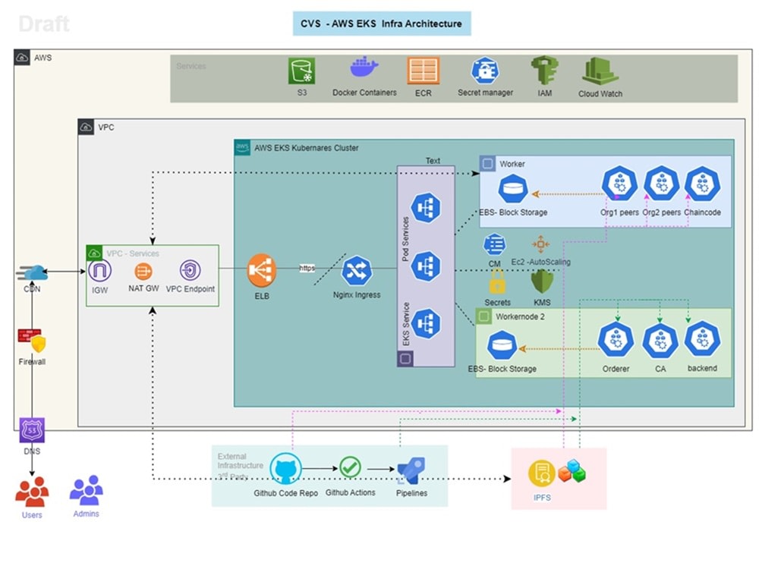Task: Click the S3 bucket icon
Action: (x=301, y=71)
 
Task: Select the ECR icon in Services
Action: (x=423, y=71)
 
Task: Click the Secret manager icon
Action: (x=485, y=71)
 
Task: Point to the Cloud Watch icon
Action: (x=600, y=71)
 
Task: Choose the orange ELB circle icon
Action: (x=262, y=270)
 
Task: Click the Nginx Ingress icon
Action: (x=356, y=272)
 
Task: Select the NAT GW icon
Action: (x=143, y=271)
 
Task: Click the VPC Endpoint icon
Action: (x=190, y=270)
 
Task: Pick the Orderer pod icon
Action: (x=615, y=340)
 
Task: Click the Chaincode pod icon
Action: (x=702, y=184)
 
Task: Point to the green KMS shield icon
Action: (x=542, y=281)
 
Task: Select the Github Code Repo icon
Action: (x=285, y=469)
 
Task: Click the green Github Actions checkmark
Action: (x=350, y=467)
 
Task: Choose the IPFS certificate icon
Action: (x=541, y=474)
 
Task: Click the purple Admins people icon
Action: (x=86, y=491)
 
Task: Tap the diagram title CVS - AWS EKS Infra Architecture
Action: (x=382, y=24)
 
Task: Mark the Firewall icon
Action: (x=33, y=341)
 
